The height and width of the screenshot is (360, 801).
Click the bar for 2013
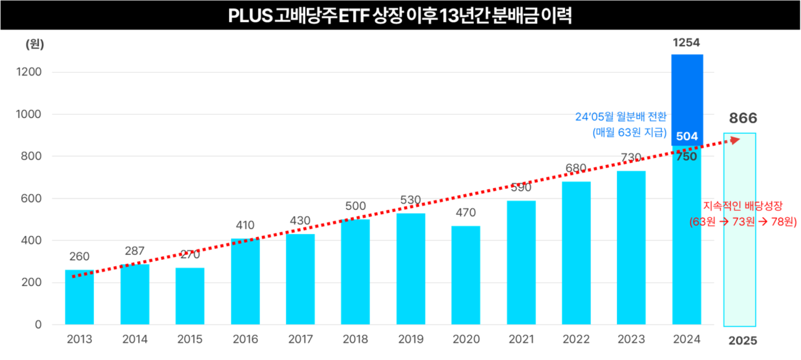80,297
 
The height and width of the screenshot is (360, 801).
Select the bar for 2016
245,282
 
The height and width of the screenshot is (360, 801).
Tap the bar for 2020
466,275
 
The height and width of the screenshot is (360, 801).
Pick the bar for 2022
576,253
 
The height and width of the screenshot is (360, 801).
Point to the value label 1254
686,43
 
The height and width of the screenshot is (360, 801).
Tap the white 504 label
686,136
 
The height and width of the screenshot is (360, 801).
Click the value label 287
134,251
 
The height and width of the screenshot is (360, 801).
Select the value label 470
466,213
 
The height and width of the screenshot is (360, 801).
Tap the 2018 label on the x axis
355,339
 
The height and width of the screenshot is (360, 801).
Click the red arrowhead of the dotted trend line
735,140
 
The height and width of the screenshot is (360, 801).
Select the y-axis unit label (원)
35,44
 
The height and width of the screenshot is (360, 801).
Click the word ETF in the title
352,15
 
